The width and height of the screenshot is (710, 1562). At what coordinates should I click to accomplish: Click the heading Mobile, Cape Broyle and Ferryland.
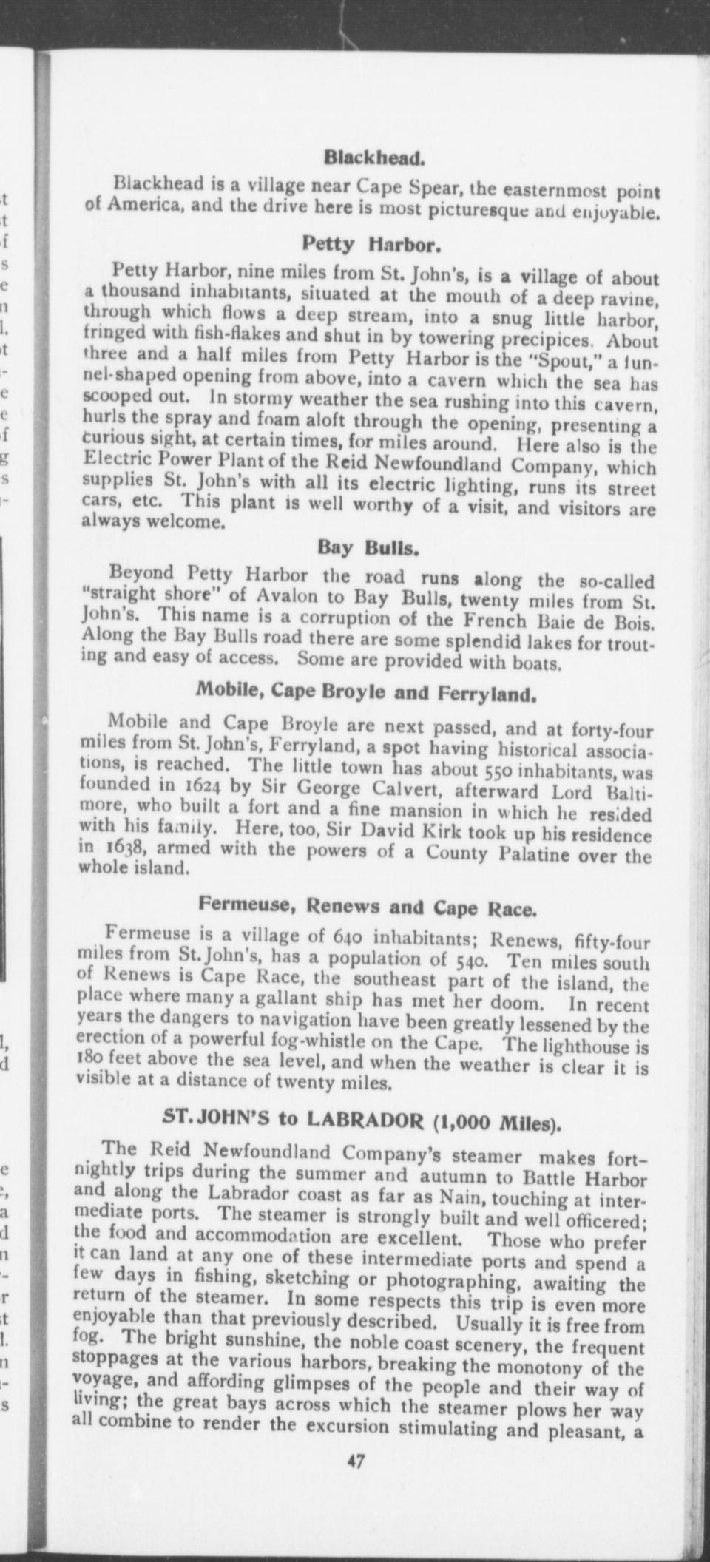click(365, 694)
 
